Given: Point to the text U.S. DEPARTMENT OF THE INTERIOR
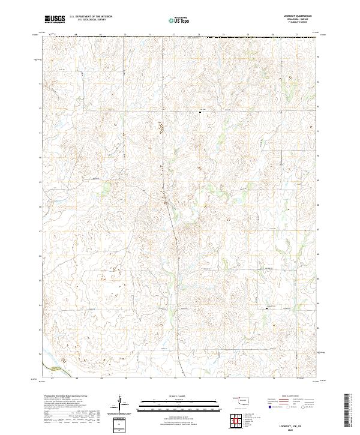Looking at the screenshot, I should (x=91, y=17).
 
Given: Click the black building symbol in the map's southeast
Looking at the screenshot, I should (x=267, y=309).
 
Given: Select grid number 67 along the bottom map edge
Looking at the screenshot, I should (x=53, y=379).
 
